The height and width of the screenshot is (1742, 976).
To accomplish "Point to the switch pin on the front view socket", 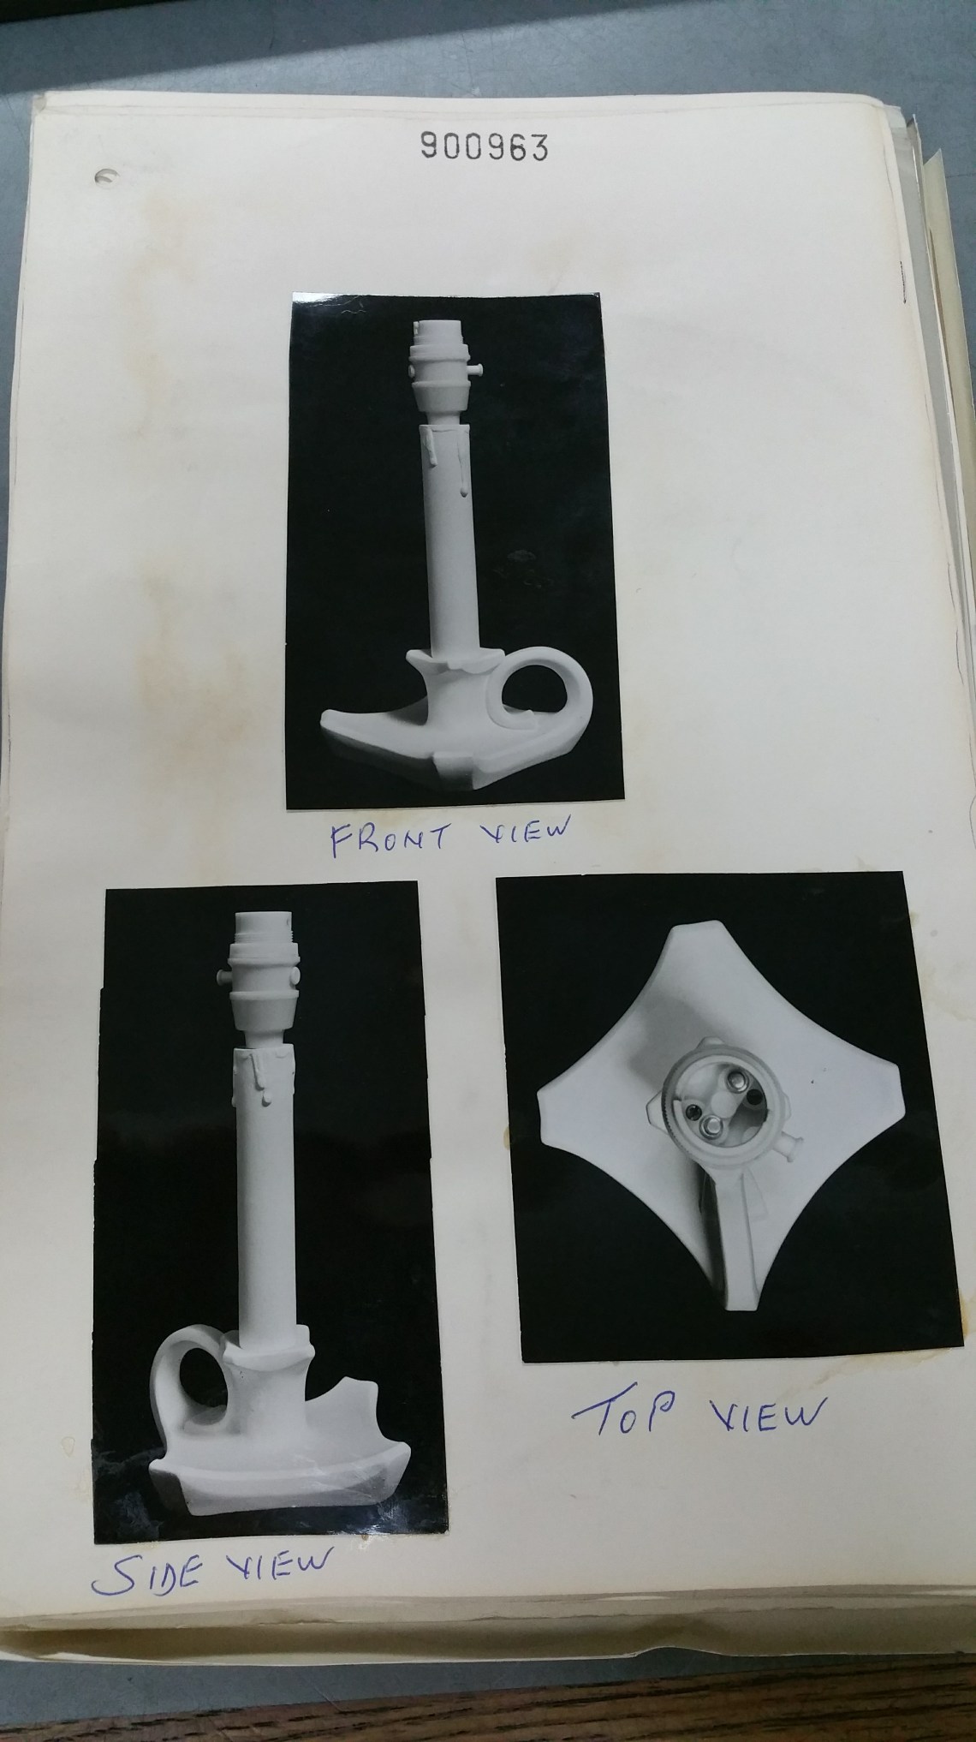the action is click(474, 368).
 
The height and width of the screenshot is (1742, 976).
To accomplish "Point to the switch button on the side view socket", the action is click(222, 977).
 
